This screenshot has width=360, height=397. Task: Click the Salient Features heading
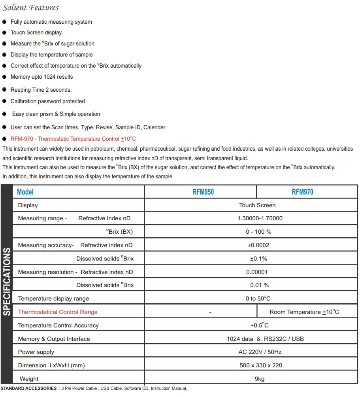(x=31, y=8)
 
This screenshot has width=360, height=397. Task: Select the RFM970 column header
(x=302, y=192)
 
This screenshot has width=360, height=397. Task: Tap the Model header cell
(x=25, y=192)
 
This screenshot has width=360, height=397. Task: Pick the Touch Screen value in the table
(x=257, y=205)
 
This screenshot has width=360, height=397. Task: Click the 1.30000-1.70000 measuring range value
(x=260, y=218)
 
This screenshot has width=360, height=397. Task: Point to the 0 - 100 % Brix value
(x=258, y=232)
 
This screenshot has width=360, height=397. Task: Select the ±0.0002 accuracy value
(x=258, y=245)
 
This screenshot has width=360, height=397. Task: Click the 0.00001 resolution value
(x=257, y=272)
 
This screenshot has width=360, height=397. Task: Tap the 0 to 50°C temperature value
(x=258, y=299)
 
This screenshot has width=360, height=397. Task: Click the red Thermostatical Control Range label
(x=58, y=312)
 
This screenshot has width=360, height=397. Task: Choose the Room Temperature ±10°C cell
(x=304, y=312)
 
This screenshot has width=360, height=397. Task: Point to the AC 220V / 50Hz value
(x=260, y=352)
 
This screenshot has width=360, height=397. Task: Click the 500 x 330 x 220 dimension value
(x=261, y=365)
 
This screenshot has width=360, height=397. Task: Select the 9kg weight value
(x=260, y=379)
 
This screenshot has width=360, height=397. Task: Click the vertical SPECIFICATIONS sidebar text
(x=7, y=282)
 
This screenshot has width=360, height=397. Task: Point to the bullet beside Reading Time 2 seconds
(x=4, y=90)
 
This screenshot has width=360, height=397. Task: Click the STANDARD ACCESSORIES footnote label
(x=28, y=388)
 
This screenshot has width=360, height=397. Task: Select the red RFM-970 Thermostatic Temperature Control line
(x=73, y=139)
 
